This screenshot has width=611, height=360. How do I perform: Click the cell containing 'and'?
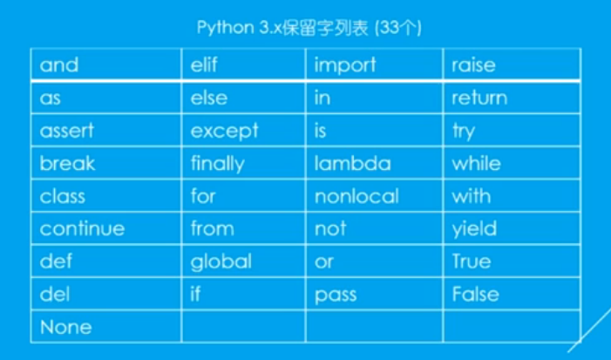[x=59, y=65]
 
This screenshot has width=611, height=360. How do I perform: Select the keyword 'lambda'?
[x=353, y=163]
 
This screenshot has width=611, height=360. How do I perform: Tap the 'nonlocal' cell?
[x=356, y=196]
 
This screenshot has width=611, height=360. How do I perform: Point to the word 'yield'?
[x=474, y=228]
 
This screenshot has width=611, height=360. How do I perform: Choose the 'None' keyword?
[x=65, y=327]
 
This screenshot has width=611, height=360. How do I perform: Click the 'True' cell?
[x=472, y=262]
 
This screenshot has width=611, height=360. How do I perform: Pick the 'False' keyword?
[x=475, y=295]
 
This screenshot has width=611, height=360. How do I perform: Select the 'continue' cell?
[x=82, y=228]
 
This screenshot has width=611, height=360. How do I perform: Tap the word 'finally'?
[x=218, y=163]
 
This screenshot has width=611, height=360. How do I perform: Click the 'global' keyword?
[x=221, y=262]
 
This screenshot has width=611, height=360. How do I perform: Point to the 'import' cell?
[x=345, y=65]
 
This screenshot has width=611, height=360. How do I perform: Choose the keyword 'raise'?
[x=473, y=65]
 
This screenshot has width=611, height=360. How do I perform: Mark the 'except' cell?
[x=225, y=131]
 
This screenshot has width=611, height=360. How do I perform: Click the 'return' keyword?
[x=479, y=98]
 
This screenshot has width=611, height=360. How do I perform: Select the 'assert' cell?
[x=66, y=131]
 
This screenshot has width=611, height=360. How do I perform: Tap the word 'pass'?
[x=336, y=295]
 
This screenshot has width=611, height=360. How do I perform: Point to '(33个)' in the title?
[x=397, y=27]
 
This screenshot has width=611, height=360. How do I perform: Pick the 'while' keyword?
[x=476, y=163]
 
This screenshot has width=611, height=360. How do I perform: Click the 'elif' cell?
[x=207, y=65]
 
